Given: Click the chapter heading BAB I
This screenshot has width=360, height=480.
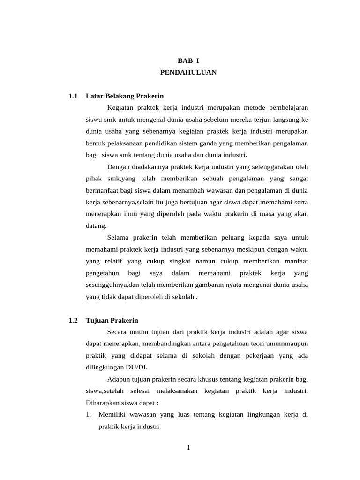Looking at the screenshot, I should [188, 60].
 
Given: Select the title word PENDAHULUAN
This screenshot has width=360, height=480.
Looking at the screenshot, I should [188, 73].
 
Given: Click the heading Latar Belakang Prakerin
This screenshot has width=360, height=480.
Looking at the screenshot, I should [125, 96].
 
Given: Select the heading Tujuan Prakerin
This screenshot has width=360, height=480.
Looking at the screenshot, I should [112, 320].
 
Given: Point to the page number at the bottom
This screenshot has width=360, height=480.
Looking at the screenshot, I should [188, 447].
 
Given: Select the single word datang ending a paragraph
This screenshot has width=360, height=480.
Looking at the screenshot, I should [96, 225].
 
